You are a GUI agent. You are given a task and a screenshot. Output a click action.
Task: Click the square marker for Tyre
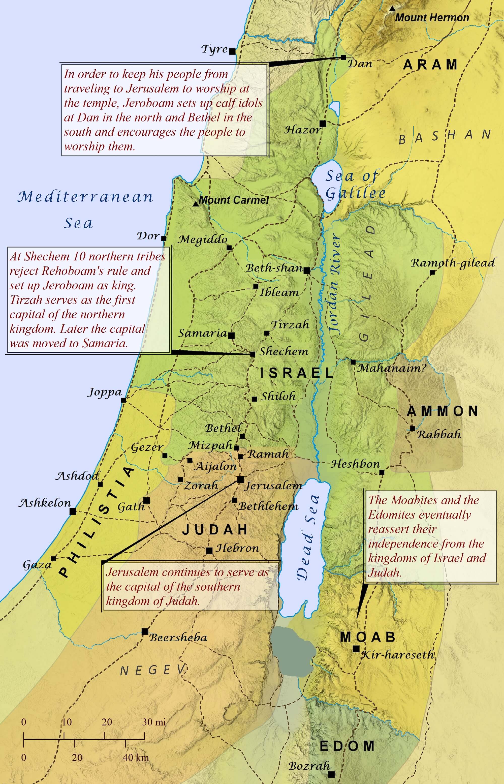click(232, 51)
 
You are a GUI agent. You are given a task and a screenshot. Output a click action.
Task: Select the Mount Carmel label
click(234, 200)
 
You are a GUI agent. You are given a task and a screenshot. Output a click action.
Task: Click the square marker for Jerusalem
click(241, 479)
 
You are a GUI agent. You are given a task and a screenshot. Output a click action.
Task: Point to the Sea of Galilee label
click(355, 185)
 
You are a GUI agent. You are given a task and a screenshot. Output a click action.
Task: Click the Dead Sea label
click(308, 537)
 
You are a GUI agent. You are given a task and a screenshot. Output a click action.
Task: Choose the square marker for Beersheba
click(145, 631)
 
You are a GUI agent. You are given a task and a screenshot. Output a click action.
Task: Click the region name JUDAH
click(215, 530)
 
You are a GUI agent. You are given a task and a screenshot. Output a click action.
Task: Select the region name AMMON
click(443, 411)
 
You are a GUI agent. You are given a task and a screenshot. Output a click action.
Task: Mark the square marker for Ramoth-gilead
click(432, 272)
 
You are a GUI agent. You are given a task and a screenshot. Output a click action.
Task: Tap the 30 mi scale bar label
click(154, 722)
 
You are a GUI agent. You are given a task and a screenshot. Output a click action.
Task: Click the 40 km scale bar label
click(136, 757)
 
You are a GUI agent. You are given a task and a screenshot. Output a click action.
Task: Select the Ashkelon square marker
click(73, 511)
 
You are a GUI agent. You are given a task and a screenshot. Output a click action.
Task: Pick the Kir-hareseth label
click(398, 655)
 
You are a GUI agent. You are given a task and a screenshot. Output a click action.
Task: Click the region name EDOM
click(347, 746)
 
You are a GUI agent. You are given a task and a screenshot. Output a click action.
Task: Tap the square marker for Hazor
click(323, 124)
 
